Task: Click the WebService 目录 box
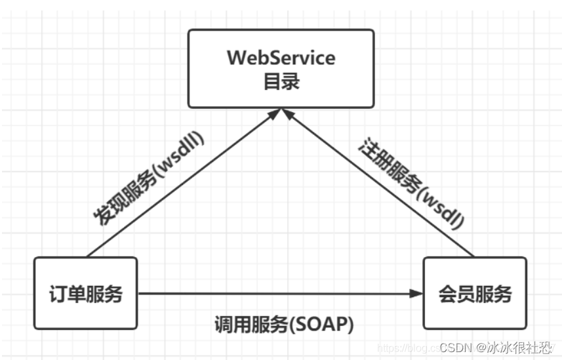(281, 68)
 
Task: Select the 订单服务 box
(86, 293)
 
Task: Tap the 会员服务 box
(475, 293)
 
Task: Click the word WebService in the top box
(281, 58)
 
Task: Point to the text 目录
(281, 83)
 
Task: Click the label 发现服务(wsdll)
(148, 178)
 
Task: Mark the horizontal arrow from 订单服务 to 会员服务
(275, 293)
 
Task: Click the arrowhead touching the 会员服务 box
(416, 293)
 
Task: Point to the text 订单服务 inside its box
(86, 293)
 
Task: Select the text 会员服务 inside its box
(475, 293)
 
